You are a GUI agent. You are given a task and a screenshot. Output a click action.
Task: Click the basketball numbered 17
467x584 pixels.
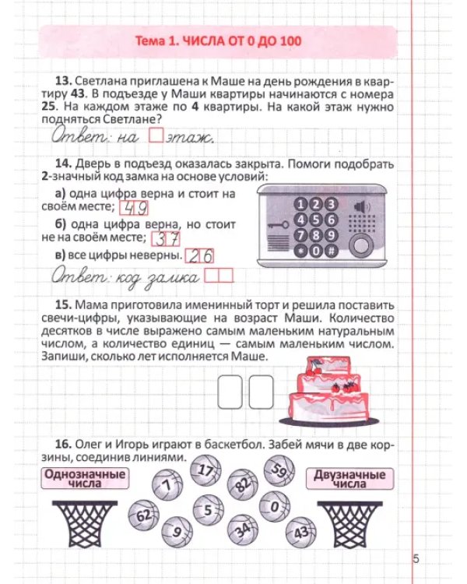click(205, 470)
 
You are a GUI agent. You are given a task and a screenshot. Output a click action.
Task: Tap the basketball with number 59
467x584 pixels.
click(279, 471)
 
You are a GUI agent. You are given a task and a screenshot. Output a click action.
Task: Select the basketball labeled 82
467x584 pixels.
click(243, 484)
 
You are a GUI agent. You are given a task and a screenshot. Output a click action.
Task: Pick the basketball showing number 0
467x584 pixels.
click(275, 507)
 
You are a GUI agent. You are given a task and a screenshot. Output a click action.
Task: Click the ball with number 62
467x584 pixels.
click(144, 515)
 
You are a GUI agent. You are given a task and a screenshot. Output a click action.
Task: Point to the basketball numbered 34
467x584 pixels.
click(243, 530)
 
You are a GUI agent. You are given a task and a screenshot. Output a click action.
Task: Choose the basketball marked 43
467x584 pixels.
click(301, 533)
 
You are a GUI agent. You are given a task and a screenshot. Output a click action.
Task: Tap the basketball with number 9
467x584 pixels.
click(177, 532)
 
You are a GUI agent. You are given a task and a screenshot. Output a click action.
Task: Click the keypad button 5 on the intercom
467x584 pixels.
click(316, 220)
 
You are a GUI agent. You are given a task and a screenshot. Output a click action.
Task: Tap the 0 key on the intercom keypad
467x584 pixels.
click(316, 251)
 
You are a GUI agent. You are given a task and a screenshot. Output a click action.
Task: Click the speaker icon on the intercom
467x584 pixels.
click(362, 206)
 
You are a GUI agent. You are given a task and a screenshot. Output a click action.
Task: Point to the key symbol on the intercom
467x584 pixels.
click(278, 225)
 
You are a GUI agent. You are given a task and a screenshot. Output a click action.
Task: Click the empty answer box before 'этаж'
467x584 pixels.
click(156, 135)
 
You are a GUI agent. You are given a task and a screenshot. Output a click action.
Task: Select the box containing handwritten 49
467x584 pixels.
click(134, 208)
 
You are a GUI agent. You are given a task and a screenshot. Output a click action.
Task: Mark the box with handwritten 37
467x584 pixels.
click(166, 239)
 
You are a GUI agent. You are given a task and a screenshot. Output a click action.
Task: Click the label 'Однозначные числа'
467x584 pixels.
click(85, 478)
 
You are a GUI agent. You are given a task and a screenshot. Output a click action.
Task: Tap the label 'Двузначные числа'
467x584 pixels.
click(349, 479)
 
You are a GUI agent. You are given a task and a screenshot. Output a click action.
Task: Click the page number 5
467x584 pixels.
click(416, 559)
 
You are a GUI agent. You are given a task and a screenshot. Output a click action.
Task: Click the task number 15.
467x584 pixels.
click(63, 305)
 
